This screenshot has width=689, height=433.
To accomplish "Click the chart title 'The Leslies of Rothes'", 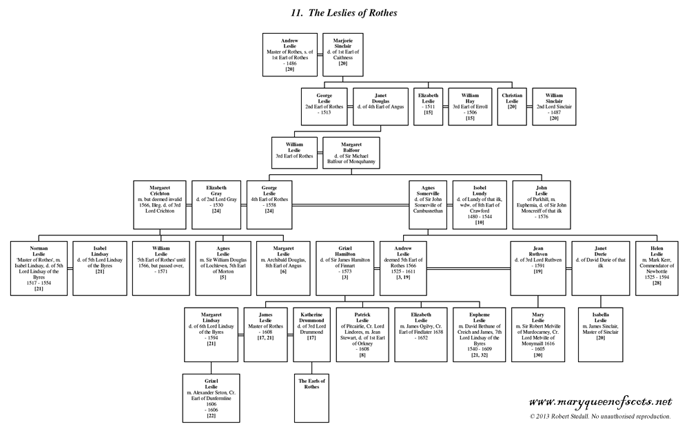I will coord(344,12).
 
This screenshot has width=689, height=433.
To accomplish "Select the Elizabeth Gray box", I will coord(215,204).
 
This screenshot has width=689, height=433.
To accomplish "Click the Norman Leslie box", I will coord(39,267).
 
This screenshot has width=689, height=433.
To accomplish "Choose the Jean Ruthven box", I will coord(539,267).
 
